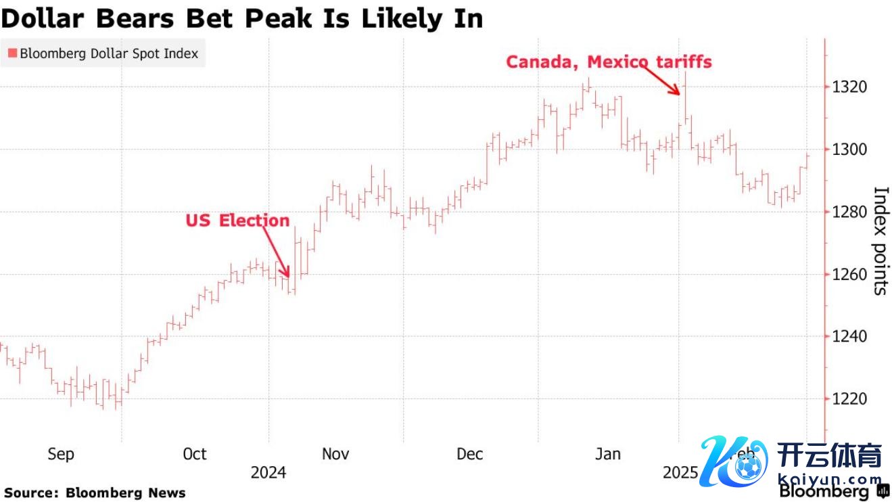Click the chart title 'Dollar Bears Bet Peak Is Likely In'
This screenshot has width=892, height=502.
click(242, 18)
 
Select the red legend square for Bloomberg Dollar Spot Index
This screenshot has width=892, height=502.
click(12, 53)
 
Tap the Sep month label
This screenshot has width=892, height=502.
click(61, 454)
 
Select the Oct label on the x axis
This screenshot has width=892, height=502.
click(195, 454)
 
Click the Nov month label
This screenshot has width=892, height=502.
click(335, 454)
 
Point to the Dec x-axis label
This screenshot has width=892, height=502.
click(470, 454)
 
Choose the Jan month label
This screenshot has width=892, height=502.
click(608, 454)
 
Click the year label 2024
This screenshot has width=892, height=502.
click(268, 472)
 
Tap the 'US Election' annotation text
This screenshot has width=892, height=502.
click(237, 221)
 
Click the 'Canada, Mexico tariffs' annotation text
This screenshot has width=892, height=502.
click(609, 62)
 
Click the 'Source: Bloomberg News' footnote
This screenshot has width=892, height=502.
click(95, 493)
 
